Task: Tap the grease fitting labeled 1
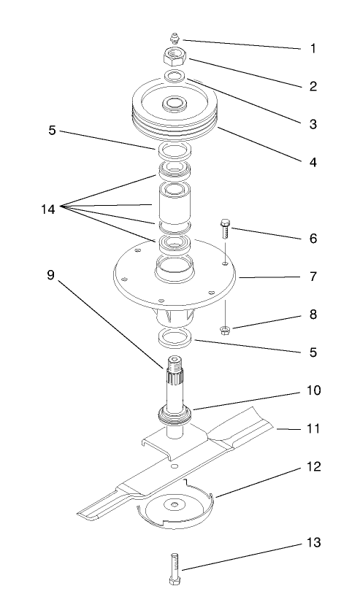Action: point(176,37)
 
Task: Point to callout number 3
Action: point(313,124)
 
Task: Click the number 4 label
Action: point(313,162)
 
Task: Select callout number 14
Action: point(47,209)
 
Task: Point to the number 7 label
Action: point(313,279)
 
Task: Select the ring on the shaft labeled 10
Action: point(176,417)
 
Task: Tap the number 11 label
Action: point(313,431)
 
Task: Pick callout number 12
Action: point(313,466)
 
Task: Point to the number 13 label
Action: point(313,544)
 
